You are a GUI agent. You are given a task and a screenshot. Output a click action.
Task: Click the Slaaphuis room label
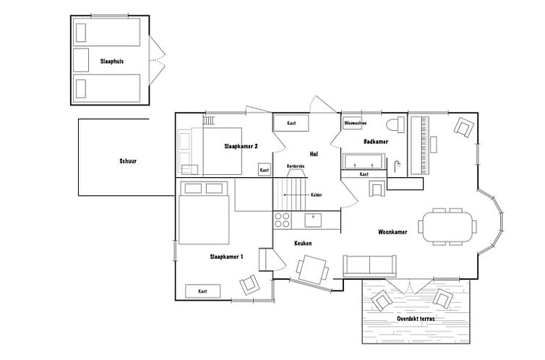[112, 61]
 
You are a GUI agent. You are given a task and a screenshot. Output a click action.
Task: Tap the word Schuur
[128, 161]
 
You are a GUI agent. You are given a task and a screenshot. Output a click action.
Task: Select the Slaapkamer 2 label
[241, 146]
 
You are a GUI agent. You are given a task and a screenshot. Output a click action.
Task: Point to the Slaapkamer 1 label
[226, 257]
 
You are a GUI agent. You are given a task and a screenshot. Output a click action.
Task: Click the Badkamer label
[376, 142]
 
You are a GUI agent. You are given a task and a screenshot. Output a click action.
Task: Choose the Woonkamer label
[392, 232]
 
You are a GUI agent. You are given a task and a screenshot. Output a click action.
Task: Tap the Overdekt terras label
[416, 318]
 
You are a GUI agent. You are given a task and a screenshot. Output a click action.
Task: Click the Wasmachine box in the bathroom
[353, 123]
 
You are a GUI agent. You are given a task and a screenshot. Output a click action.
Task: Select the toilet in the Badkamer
[395, 125]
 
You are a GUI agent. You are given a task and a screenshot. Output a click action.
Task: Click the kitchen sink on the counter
[313, 220]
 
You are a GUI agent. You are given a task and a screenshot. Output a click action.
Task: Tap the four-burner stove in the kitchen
[282, 220]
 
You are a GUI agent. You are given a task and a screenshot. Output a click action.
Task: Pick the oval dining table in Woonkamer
[447, 226]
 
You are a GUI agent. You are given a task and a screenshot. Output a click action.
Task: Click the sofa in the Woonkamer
[369, 266]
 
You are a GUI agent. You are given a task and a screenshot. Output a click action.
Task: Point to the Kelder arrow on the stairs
[296, 195]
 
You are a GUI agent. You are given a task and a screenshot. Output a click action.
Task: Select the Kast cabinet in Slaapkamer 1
[202, 291]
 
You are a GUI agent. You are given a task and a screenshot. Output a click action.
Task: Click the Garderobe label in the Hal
[296, 166]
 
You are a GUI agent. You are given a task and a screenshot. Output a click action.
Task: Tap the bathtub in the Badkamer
[364, 161]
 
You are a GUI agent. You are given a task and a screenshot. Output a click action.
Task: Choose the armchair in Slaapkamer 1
[250, 285]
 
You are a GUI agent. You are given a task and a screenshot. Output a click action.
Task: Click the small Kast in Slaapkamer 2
[265, 170]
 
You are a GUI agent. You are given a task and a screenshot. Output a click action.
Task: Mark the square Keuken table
[312, 270]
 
